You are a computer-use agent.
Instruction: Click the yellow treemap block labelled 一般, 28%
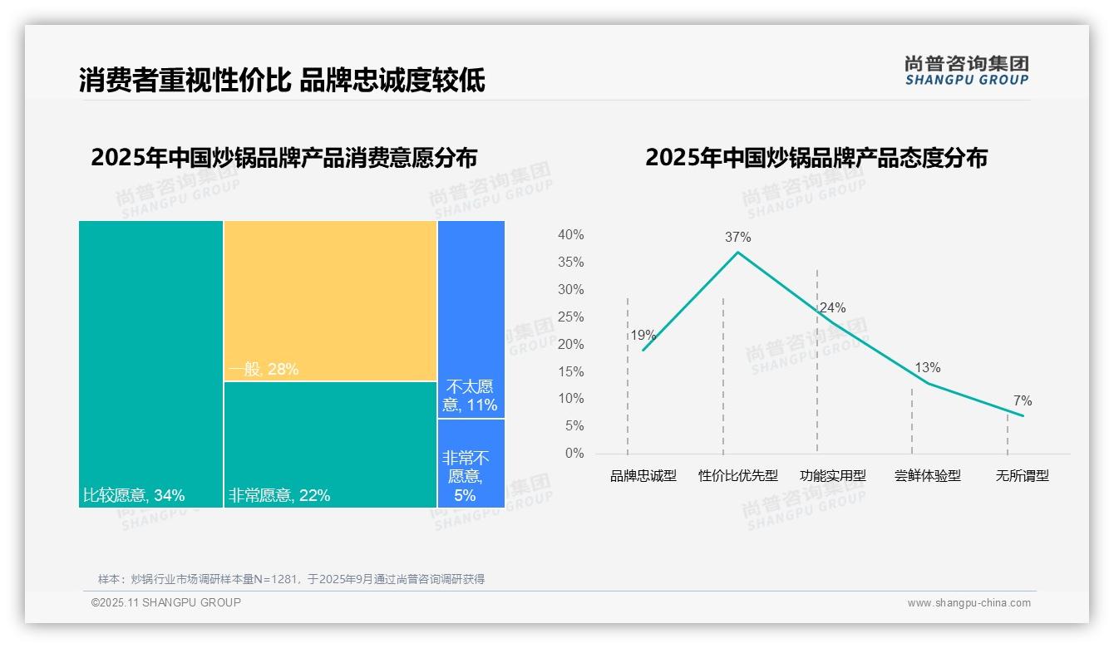click(330, 301)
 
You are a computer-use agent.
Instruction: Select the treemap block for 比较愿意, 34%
click(150, 363)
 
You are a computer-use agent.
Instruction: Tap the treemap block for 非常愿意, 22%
click(330, 444)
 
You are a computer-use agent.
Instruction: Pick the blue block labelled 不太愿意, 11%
click(471, 319)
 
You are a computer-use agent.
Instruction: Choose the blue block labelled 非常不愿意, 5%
click(471, 463)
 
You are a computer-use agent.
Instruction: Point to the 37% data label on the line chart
click(737, 237)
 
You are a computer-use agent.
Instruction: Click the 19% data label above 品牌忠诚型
click(643, 336)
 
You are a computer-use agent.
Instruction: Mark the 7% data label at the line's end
click(1023, 401)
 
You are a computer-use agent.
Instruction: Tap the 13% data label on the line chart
click(927, 367)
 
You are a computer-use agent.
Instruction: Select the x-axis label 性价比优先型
click(737, 476)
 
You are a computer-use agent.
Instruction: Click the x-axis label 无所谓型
click(1022, 476)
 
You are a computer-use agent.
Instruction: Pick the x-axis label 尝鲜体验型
click(927, 476)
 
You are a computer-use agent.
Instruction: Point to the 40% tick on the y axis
click(570, 235)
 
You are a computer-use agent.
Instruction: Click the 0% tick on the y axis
click(574, 454)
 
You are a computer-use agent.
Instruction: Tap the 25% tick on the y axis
click(570, 317)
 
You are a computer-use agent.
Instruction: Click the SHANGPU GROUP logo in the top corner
click(966, 70)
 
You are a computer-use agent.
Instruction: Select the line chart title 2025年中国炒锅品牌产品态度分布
click(816, 158)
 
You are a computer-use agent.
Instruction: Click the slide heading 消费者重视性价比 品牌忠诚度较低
click(282, 80)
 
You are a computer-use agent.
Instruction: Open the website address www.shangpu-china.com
click(969, 603)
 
